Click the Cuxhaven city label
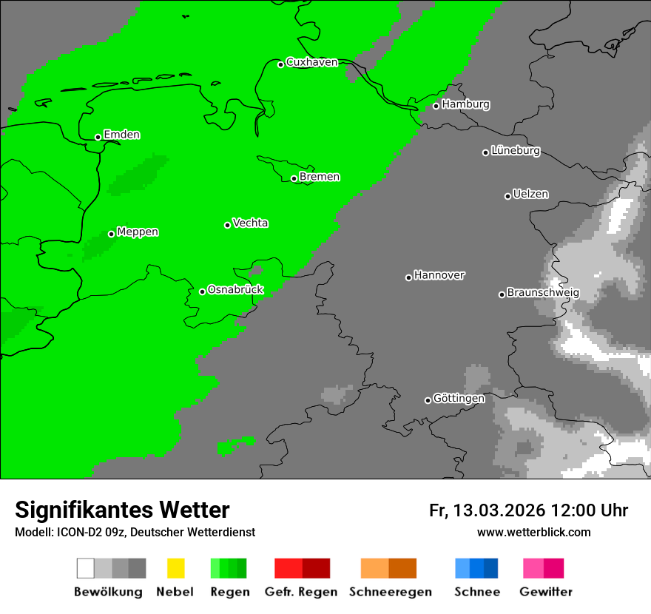point(311,62)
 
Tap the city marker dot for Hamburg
point(436,106)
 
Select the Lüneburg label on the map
point(516,151)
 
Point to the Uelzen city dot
point(507,196)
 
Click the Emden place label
point(121,135)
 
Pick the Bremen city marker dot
point(294,178)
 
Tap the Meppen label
point(138,232)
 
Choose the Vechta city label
point(250,223)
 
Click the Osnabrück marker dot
point(202,291)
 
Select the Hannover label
point(439,275)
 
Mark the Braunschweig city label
point(543,293)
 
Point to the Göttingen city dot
point(428,400)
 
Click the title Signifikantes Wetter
point(122,510)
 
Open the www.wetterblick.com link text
point(533,532)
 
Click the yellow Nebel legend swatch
point(175,568)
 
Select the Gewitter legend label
point(545,592)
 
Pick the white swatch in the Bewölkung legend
point(85,568)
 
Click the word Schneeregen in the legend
point(390,592)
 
